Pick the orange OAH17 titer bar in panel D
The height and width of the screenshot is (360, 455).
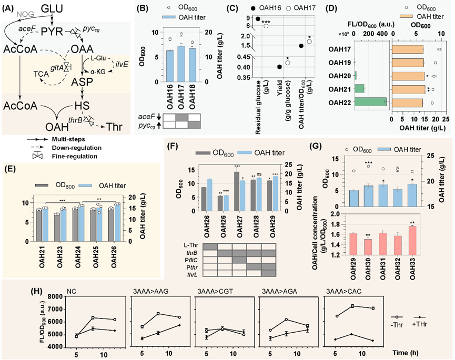[x=408, y=49]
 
